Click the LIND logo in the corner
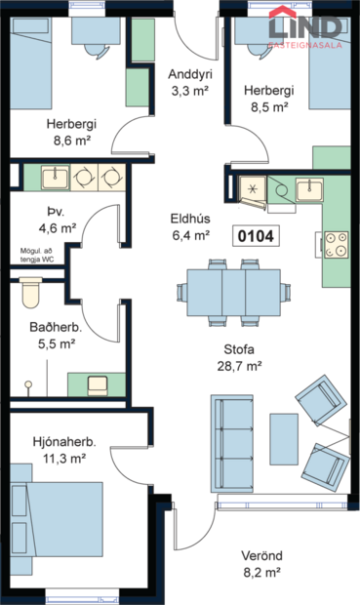[305, 28]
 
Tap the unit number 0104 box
[258, 235]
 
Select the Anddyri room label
[190, 75]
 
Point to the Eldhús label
[190, 218]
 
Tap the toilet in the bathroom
[30, 291]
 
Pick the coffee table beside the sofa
[284, 440]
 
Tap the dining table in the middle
[234, 290]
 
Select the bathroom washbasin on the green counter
[98, 383]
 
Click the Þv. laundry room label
[54, 212]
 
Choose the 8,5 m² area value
[269, 107]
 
